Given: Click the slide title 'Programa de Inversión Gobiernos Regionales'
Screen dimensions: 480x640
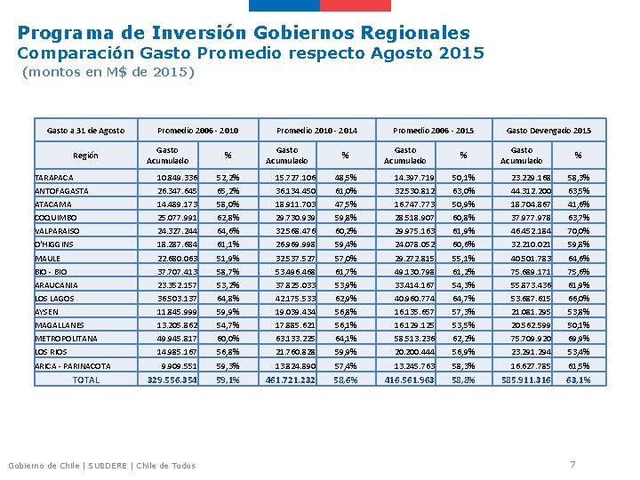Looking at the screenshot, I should [244, 33].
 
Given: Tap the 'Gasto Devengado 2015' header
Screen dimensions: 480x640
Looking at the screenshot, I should [548, 131].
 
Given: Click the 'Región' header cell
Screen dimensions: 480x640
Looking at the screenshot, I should [86, 156].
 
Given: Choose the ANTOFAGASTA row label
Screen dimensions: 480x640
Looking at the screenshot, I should [61, 191].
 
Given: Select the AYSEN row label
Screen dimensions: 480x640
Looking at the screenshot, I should [46, 312].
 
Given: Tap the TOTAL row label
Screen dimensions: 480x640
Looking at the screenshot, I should [86, 380].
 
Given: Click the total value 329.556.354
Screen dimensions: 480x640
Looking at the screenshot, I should [172, 380].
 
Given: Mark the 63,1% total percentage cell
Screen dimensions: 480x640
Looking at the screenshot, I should [578, 380].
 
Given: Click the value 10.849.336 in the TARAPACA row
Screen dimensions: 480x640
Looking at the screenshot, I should [177, 178].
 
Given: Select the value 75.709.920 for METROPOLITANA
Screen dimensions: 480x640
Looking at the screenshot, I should [531, 339].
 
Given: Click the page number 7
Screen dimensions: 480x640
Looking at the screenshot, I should [572, 464].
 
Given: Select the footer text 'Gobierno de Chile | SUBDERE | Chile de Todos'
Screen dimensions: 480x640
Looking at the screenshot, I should [101, 465].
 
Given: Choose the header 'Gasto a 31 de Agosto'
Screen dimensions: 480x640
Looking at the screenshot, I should [85, 131].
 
